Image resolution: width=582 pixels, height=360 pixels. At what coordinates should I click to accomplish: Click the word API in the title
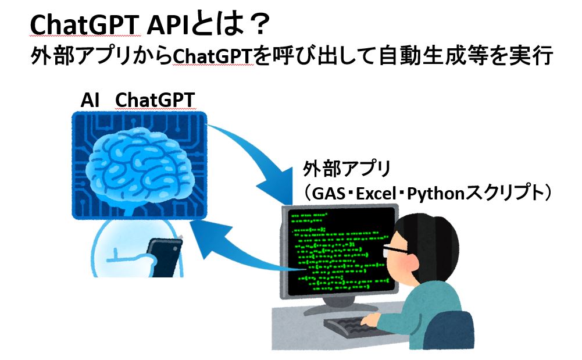pyautogui.click(x=168, y=26)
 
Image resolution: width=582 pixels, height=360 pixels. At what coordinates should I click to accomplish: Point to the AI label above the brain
pyautogui.click(x=90, y=100)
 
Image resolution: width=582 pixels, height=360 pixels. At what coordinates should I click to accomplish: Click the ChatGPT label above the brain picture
pyautogui.click(x=155, y=100)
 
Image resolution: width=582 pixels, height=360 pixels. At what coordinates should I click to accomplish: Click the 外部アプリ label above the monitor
pyautogui.click(x=347, y=169)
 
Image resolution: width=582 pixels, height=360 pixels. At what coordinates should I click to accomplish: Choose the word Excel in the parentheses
pyautogui.click(x=376, y=194)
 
